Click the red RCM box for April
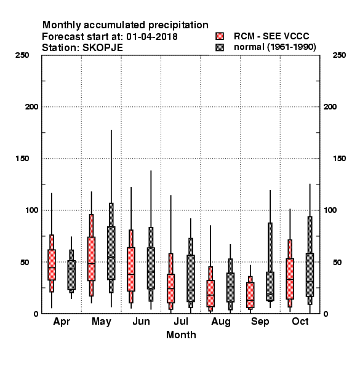(52, 264)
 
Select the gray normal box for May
(111, 253)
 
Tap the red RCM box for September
(250, 295)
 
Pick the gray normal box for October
(310, 275)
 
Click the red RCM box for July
(170, 288)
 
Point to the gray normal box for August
(230, 287)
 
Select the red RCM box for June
(131, 269)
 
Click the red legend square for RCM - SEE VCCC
(220, 36)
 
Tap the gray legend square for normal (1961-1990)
(220, 47)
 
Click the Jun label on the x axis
(141, 322)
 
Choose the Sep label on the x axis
(260, 322)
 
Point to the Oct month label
(300, 322)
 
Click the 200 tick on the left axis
(31, 107)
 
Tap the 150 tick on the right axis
(339, 159)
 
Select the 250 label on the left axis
(22, 55)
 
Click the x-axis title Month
(181, 335)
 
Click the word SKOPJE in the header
(102, 48)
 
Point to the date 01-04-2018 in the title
(152, 37)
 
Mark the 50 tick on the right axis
(337, 262)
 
